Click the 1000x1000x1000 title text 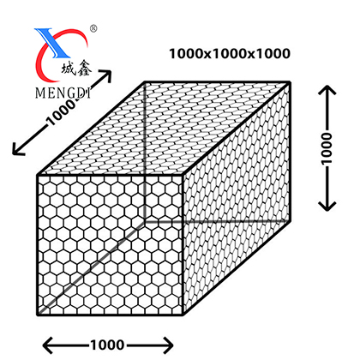[230, 54]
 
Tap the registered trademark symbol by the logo [93, 28]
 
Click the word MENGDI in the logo [63, 93]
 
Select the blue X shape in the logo [51, 42]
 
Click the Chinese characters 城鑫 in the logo [75, 69]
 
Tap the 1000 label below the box [107, 345]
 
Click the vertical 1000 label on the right [327, 148]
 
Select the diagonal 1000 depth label [62, 112]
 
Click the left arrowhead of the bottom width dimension [48, 345]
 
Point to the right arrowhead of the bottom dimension [168, 345]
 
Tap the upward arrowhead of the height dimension [327, 90]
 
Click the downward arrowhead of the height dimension [327, 207]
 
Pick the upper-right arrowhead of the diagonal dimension [106, 75]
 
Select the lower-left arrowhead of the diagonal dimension [17, 149]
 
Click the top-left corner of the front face [38, 174]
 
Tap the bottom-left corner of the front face [38, 315]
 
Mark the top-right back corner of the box [290, 82]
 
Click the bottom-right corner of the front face [183, 315]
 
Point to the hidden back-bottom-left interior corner [145, 221]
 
